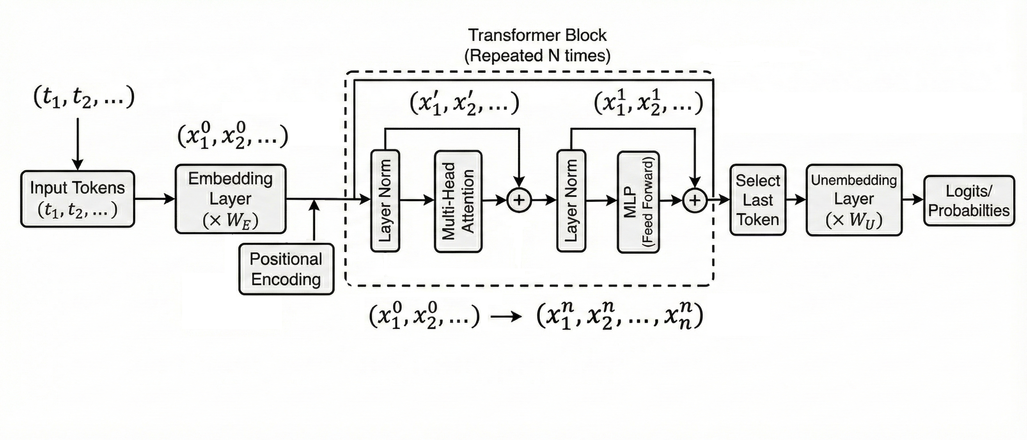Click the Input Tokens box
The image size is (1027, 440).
(x=77, y=199)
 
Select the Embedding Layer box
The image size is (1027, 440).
(x=231, y=199)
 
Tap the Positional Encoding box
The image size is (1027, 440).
(x=286, y=269)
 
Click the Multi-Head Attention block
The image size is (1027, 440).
(x=458, y=201)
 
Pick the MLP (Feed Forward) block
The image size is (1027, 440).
(x=638, y=202)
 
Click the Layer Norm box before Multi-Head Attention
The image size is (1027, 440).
(x=385, y=200)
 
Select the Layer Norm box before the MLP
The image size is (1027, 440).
(x=571, y=200)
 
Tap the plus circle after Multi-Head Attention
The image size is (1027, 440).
(x=519, y=200)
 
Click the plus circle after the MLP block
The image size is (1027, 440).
(x=695, y=200)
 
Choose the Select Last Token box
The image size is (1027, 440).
(x=757, y=200)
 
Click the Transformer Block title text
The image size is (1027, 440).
(x=537, y=35)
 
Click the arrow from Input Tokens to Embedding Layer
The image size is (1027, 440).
(x=155, y=198)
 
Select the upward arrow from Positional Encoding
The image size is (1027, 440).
(x=315, y=221)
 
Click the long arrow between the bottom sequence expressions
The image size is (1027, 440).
(x=506, y=317)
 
